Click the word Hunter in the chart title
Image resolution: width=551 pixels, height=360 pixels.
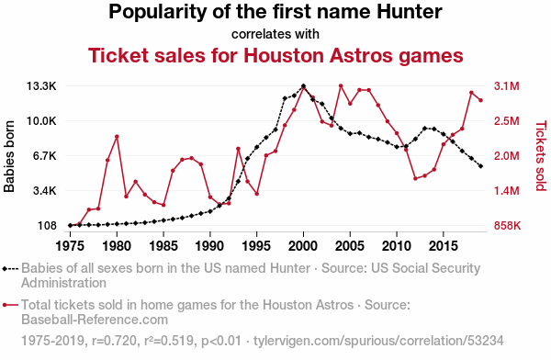point(410,12)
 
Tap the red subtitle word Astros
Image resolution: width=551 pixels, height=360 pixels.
point(361,55)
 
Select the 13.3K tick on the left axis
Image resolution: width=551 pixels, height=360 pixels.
point(41,86)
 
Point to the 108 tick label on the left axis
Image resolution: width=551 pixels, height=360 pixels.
point(47,226)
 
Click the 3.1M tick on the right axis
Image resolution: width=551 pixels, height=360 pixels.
point(506,86)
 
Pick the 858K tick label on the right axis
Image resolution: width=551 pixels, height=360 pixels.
point(507,226)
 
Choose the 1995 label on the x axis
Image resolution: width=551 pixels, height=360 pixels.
point(256,246)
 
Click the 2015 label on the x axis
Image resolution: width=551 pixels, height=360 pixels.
point(444,246)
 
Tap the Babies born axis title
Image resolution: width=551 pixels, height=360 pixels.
point(9,156)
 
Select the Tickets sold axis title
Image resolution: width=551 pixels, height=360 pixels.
point(541,156)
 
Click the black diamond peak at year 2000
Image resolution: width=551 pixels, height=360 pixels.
point(304,86)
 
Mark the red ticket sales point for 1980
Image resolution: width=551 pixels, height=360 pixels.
point(117,137)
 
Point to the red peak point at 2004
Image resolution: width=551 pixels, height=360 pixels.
point(341,85)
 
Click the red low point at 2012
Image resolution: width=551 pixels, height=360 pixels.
point(415,178)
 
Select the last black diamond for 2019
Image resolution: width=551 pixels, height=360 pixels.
point(480,166)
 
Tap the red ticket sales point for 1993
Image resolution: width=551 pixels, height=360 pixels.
point(238,149)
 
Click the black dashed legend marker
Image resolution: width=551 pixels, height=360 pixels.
point(10,269)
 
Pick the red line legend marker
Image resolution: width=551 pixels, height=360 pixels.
point(10,305)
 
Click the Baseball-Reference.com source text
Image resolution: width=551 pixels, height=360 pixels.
point(95,320)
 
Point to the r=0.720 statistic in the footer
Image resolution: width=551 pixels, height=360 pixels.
point(114,341)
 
